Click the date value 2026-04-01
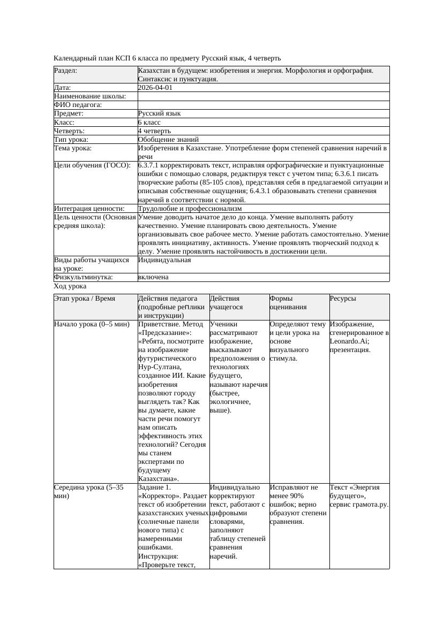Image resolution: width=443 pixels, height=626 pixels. (x=155, y=88)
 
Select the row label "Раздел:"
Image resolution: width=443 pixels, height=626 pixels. (x=66, y=71)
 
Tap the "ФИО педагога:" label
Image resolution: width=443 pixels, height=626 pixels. (x=78, y=105)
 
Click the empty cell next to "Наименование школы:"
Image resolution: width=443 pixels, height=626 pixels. (x=263, y=96)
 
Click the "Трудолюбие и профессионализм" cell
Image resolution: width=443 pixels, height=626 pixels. (x=190, y=208)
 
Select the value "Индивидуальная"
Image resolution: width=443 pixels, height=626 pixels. (x=164, y=260)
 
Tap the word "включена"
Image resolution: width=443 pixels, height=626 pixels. (x=153, y=277)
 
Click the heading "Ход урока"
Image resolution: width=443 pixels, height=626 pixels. (x=70, y=287)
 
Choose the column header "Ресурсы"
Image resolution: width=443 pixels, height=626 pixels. (x=343, y=299)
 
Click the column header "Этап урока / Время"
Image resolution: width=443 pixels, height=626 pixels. (x=85, y=299)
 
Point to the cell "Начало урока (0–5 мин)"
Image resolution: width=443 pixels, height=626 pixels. (x=92, y=324)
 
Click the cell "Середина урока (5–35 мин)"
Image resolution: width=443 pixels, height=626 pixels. (x=89, y=492)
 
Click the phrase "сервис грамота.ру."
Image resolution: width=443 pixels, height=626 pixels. (x=359, y=505)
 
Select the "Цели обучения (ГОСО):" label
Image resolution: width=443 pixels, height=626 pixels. (x=92, y=165)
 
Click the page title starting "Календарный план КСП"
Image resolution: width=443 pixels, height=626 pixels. (x=167, y=58)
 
